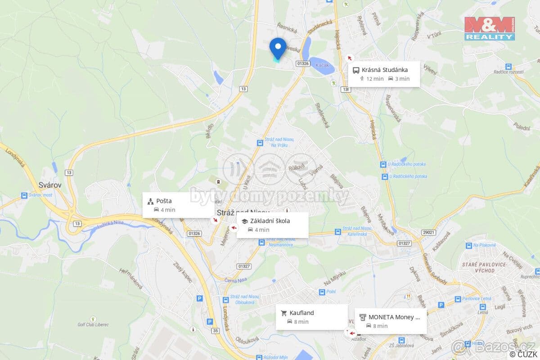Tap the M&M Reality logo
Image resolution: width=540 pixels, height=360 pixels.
[x=489, y=28]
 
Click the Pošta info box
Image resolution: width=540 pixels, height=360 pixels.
[x=178, y=205]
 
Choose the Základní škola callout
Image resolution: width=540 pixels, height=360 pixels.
[x=272, y=225]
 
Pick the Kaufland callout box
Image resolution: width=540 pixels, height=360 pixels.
[x=311, y=317]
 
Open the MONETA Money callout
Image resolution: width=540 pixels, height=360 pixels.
[x=390, y=321]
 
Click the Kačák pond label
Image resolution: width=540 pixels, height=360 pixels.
[x=322, y=65]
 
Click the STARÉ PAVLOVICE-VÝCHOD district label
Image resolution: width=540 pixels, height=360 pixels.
[x=484, y=267]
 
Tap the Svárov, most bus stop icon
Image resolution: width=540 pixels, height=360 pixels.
[x=24, y=196]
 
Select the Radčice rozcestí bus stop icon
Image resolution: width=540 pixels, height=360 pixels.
[x=508, y=66]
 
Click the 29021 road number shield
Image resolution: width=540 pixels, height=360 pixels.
[x=429, y=232]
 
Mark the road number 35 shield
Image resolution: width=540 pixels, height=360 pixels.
[x=215, y=331]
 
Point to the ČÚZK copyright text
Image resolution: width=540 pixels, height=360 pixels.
[x=522, y=355]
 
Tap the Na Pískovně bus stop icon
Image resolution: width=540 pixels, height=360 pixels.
[x=468, y=246]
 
